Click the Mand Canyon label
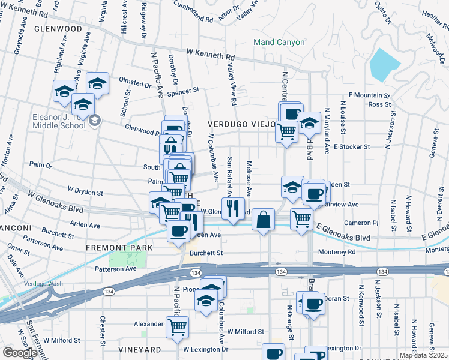279,43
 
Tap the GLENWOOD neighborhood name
58,28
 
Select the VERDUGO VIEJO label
241,124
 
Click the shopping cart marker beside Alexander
177,327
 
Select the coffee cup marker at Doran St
313,304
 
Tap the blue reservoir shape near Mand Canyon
384,64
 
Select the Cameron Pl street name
361,222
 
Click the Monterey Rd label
337,252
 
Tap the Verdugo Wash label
26,283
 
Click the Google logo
20,353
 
